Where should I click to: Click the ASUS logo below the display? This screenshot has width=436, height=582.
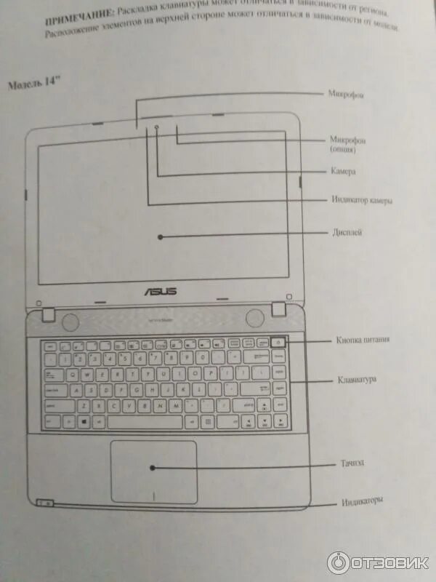[162, 291]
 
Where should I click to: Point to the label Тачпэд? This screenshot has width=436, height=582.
[350, 463]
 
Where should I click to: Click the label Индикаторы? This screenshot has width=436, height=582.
[362, 501]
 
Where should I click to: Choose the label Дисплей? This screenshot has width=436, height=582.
[347, 233]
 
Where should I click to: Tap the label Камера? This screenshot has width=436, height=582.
[342, 172]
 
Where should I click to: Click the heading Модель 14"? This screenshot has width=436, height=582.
[33, 84]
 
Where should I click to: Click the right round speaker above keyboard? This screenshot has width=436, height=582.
[254, 318]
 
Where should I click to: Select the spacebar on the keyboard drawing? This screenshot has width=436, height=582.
[145, 422]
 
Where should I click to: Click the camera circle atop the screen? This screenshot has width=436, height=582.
[157, 128]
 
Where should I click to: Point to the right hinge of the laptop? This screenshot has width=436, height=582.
[278, 309]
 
